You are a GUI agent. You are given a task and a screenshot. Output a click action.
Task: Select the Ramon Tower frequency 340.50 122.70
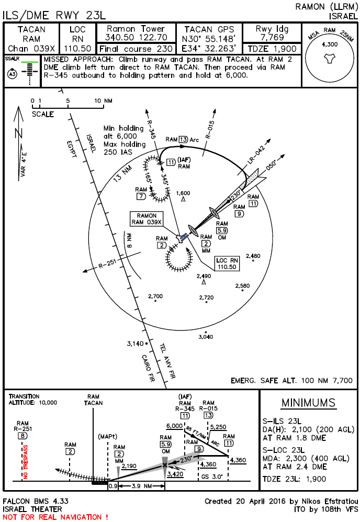click(x=136, y=38)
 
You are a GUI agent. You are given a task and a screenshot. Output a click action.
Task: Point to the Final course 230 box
click(x=136, y=49)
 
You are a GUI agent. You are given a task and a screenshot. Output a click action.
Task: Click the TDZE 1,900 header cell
click(x=272, y=49)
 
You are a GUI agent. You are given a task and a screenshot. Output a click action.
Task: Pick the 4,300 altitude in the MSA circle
click(x=330, y=45)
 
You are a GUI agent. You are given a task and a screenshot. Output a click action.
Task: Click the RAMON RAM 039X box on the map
click(x=147, y=219)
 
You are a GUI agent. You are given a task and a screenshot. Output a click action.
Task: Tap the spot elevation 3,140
click(x=135, y=344)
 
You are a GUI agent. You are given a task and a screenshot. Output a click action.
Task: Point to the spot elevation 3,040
click(x=205, y=337)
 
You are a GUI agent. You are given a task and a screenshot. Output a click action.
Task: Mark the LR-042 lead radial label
click(x=249, y=156)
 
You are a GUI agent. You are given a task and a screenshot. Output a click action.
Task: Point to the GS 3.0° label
click(x=212, y=476)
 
